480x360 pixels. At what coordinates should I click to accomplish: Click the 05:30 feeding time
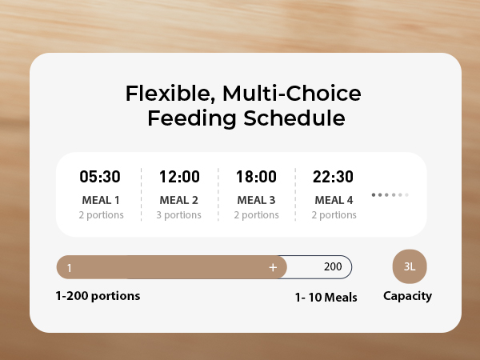(x=101, y=177)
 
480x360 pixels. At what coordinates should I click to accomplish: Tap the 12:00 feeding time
(x=179, y=177)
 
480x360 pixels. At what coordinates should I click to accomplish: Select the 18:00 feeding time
(x=257, y=177)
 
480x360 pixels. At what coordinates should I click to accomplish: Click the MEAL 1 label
(x=101, y=200)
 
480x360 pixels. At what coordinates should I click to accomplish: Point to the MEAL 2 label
(x=179, y=200)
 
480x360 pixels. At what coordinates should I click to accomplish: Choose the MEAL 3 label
(x=257, y=200)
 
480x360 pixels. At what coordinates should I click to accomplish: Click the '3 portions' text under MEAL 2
(x=179, y=214)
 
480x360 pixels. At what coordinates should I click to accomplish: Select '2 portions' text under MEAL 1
(x=101, y=214)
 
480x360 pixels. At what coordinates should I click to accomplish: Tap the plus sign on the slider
(x=273, y=267)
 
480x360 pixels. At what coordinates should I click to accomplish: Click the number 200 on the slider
(x=333, y=267)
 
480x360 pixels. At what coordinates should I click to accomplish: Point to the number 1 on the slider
(x=70, y=268)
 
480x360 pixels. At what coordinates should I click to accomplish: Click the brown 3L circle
(x=410, y=267)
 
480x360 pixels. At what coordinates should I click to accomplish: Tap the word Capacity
(x=407, y=296)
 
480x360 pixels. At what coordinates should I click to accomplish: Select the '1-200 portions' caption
(x=98, y=296)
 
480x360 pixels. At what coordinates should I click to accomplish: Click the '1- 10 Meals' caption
(x=325, y=298)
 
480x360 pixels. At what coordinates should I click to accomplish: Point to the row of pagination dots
(x=390, y=194)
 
